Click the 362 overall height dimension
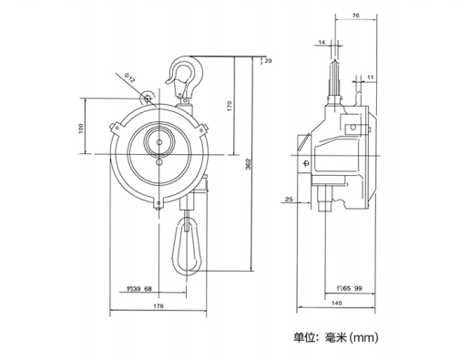(x=249, y=164)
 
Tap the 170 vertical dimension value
(x=230, y=106)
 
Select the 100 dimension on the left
(x=80, y=129)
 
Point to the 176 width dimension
(x=158, y=305)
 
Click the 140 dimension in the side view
(x=337, y=303)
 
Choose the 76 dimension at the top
(x=356, y=15)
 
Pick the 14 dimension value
(x=322, y=42)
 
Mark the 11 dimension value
(x=370, y=77)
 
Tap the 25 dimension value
(x=289, y=200)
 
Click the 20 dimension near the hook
(x=268, y=61)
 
